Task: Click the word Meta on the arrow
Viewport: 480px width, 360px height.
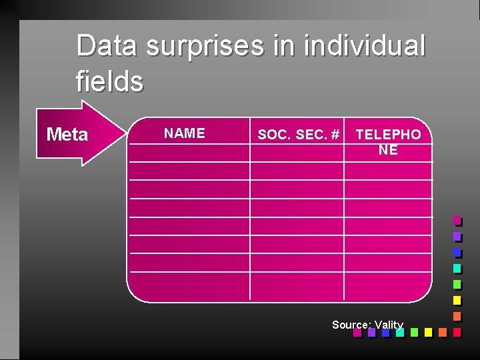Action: (67, 135)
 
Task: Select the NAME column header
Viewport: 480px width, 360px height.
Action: (185, 133)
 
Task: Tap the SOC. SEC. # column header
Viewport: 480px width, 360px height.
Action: (298, 135)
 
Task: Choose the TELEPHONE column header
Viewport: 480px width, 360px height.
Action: (388, 142)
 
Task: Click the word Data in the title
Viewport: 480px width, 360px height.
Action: (107, 46)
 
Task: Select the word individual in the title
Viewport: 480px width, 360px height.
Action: (364, 46)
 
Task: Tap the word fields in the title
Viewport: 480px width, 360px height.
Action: (110, 82)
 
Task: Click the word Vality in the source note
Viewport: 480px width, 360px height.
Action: (389, 325)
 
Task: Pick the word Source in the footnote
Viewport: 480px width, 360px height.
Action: (350, 325)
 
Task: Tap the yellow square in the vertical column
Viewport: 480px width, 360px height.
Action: (457, 300)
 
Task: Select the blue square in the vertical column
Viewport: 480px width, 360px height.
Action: (457, 253)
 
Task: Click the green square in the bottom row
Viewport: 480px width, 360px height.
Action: (414, 332)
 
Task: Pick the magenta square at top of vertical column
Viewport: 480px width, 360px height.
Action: (457, 220)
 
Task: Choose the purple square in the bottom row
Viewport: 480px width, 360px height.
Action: (371, 332)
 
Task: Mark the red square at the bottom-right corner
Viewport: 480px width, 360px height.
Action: (457, 332)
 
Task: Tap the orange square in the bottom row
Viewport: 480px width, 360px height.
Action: (443, 332)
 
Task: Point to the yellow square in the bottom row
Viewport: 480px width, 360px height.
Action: (428, 332)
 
